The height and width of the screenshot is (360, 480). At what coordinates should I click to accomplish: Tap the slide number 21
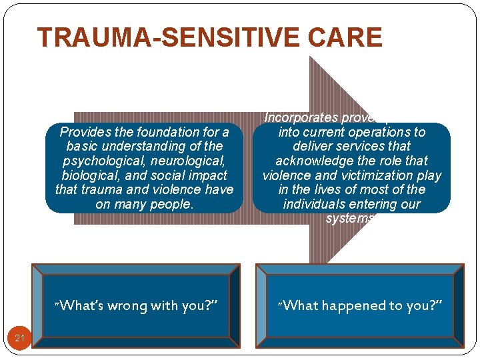tap(19, 339)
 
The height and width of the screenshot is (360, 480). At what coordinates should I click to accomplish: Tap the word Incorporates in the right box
tap(301, 118)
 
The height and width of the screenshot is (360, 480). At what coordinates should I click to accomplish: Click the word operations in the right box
tap(378, 132)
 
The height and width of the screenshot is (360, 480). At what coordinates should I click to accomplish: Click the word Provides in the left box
tap(83, 132)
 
